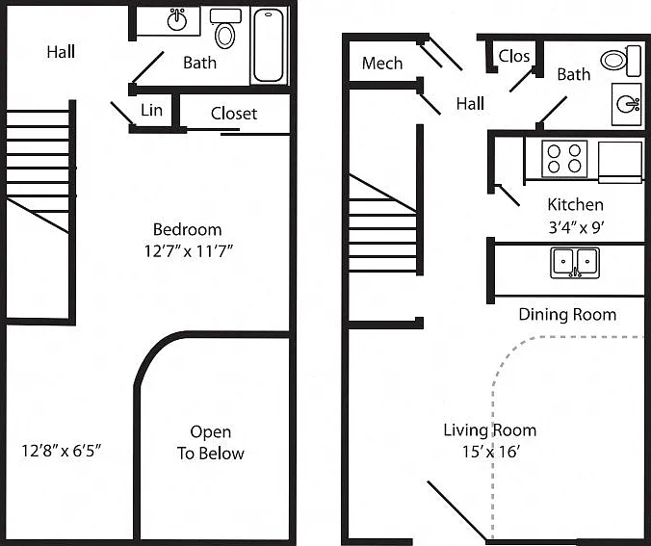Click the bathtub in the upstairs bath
pos(269,45)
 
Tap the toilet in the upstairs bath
pos(225,28)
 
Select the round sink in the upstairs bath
pos(177,20)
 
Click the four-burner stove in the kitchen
pos(564,159)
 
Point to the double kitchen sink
pos(575,263)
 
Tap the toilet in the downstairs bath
pos(621,61)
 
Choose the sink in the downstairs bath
pos(627,104)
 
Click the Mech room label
pos(382,64)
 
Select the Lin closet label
pos(151,110)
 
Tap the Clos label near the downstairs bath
pos(514,56)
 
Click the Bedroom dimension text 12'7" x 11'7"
pos(188,251)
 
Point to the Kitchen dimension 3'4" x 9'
pos(576,227)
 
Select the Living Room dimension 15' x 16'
pos(491,452)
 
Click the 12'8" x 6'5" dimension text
pos(62,450)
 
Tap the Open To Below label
pos(211,443)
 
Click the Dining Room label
pos(567,314)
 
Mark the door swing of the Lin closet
pos(122,113)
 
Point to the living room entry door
pos(457,511)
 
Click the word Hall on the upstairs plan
pos(61,52)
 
